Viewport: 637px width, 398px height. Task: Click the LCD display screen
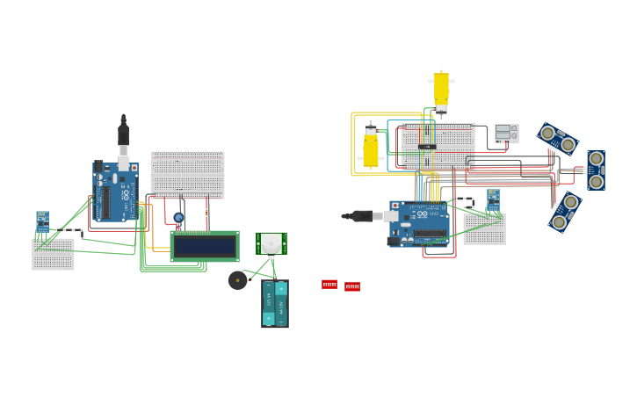coord(204,246)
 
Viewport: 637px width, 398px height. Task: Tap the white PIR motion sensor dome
coord(271,242)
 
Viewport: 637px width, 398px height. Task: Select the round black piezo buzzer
coord(237,280)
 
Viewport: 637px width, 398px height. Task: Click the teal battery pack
coord(274,304)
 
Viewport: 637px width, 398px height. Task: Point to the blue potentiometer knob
coord(178,218)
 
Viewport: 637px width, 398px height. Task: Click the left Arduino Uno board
coord(115,191)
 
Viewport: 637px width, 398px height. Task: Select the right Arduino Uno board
coord(419,223)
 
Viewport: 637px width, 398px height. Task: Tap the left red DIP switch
coord(329,285)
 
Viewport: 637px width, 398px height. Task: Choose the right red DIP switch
coord(352,286)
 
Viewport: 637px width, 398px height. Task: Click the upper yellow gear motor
coord(441,90)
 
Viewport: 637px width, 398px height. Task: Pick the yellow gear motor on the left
coord(371,147)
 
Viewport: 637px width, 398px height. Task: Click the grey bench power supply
coord(506,134)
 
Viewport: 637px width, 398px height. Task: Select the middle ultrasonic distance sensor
coord(596,170)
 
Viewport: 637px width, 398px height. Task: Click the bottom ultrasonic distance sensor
coord(565,212)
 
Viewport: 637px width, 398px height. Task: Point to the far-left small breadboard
coord(53,254)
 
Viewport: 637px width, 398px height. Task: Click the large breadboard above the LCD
coord(187,174)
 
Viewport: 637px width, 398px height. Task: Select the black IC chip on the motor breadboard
coord(427,147)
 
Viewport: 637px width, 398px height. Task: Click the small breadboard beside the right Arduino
coord(484,229)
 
